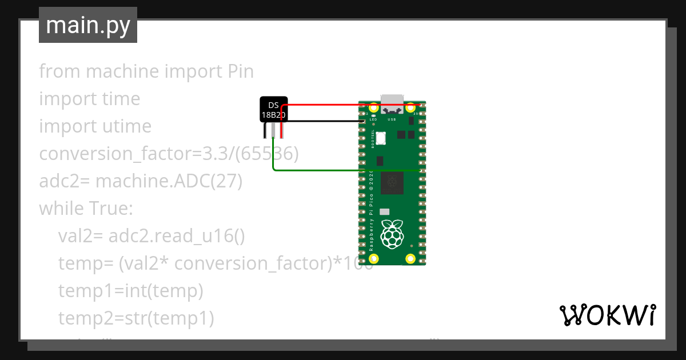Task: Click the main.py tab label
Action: pos(88,26)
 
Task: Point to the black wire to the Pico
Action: pos(326,121)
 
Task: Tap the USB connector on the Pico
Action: pos(392,103)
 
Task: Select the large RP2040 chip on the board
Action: pos(392,182)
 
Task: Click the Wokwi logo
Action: pos(607,315)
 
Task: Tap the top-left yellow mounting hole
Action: pos(374,107)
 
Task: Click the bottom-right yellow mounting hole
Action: pos(410,258)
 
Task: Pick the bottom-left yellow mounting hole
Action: pos(374,258)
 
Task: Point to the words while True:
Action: pos(86,209)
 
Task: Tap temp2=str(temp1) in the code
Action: pos(136,318)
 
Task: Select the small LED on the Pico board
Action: pos(373,116)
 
